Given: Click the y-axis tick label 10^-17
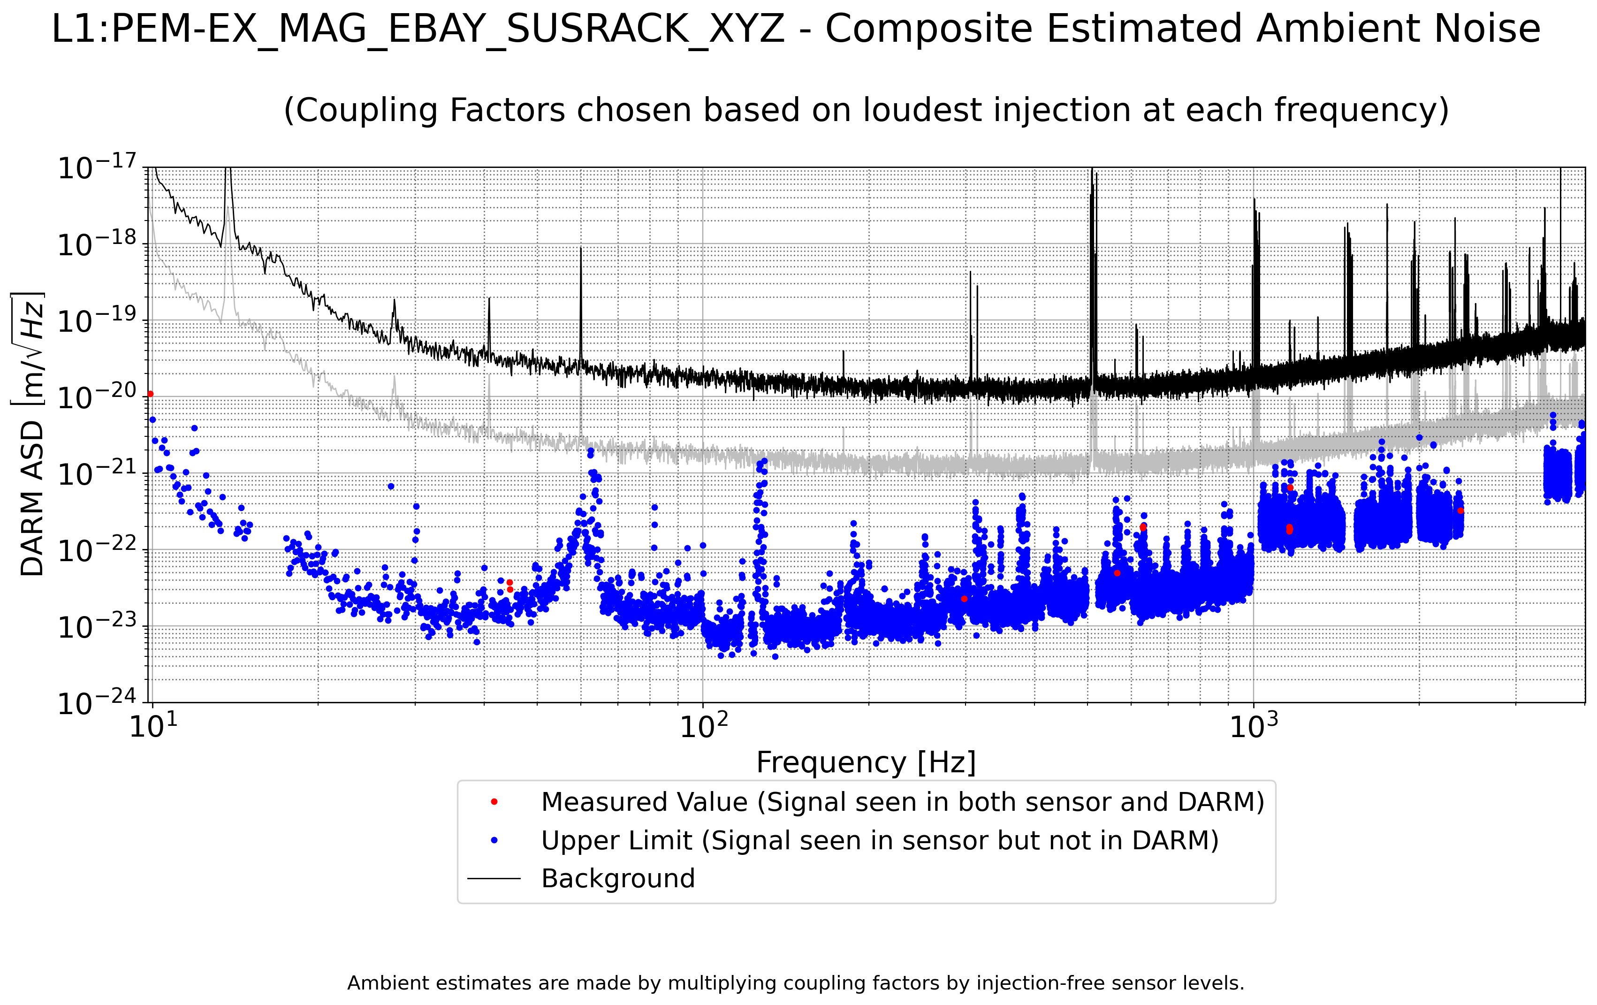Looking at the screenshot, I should point(97,167).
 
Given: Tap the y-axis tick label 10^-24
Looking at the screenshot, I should point(97,702).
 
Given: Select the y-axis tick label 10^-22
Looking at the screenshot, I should point(97,550).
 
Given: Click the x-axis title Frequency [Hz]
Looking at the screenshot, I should point(866,762).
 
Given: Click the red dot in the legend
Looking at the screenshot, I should point(494,802).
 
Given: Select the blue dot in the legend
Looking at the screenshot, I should point(494,840).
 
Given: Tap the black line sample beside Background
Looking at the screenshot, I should point(494,879).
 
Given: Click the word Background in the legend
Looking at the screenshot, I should point(618,879).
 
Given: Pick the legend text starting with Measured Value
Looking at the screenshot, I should point(903,802).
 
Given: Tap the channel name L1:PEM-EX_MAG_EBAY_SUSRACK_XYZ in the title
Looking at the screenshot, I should point(418,29).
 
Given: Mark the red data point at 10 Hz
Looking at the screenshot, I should point(151,394).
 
